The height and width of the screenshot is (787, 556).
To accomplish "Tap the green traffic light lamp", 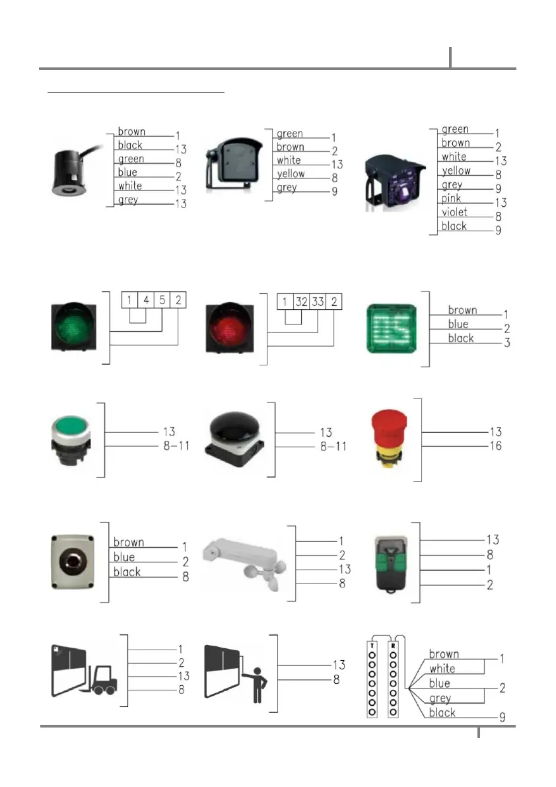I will [x=73, y=326].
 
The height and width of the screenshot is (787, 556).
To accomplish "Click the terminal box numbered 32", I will [x=302, y=302].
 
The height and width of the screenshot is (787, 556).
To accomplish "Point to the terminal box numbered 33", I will [x=319, y=302].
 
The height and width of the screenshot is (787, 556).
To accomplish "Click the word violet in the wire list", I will [x=454, y=213].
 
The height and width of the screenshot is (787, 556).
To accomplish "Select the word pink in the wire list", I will [x=451, y=199].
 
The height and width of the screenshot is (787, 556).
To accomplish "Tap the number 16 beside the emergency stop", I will [x=495, y=446].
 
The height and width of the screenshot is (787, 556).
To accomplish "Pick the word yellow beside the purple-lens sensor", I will [x=456, y=170].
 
